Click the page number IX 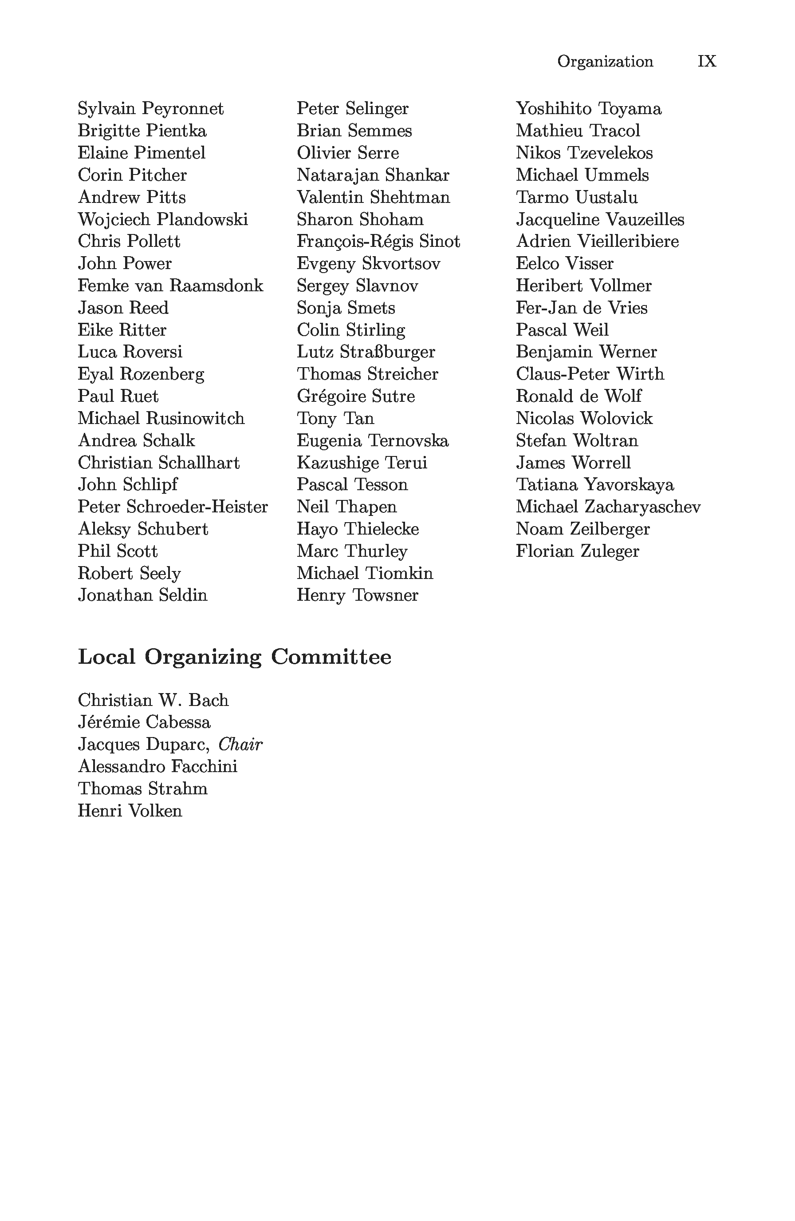(x=706, y=62)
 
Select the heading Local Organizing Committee (x=234, y=657)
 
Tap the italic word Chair (x=240, y=745)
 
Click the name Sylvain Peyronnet (x=151, y=109)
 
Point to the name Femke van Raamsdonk (x=170, y=286)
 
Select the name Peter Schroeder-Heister (x=173, y=507)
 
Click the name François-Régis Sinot (x=378, y=242)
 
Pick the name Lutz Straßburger (x=366, y=352)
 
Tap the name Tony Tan (x=335, y=419)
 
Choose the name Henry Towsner (x=357, y=595)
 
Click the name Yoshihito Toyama (x=588, y=109)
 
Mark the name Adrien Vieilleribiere (x=597, y=242)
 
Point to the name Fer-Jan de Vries (x=581, y=308)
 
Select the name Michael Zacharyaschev (x=608, y=507)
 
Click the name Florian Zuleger (x=577, y=551)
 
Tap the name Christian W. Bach (x=153, y=700)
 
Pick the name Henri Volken (x=130, y=811)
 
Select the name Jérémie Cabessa (x=144, y=722)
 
